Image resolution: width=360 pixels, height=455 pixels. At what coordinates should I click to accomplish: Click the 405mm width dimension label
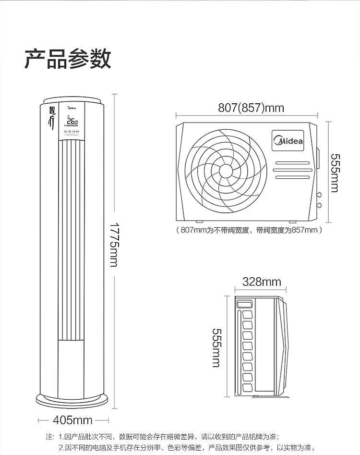pyautogui.click(x=72, y=420)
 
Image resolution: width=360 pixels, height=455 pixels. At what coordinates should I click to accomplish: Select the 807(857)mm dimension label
pyautogui.click(x=251, y=108)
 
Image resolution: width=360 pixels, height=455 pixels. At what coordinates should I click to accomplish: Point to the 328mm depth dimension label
pyautogui.click(x=262, y=282)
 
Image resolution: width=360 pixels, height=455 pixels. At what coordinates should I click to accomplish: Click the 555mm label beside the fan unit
pyautogui.click(x=334, y=172)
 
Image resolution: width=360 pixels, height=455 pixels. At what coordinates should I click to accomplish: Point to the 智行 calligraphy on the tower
pyautogui.click(x=52, y=116)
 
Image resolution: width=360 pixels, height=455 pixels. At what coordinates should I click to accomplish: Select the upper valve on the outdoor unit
pyautogui.click(x=319, y=196)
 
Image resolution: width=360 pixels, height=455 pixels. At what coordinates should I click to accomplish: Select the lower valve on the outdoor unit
pyautogui.click(x=319, y=206)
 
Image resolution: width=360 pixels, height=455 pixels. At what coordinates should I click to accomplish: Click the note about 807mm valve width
pyautogui.click(x=249, y=230)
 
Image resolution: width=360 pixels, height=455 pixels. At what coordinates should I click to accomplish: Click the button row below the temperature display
pyautogui.click(x=73, y=132)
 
